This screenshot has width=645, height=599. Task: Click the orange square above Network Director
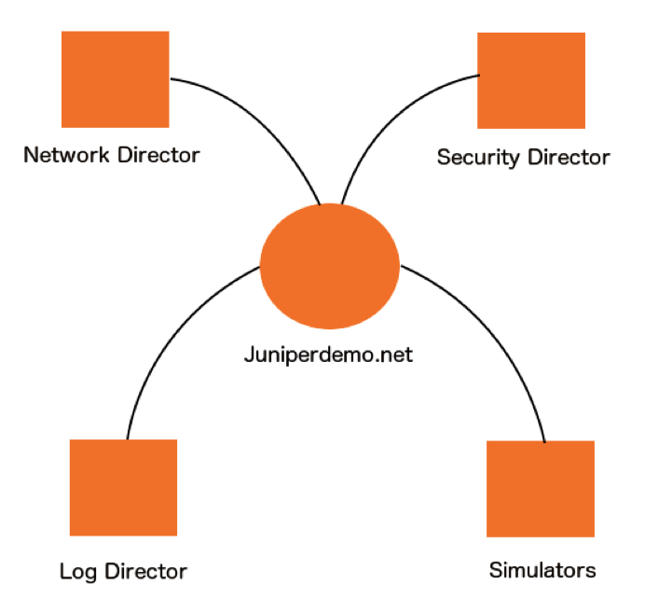(115, 78)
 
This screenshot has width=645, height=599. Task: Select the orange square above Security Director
(531, 80)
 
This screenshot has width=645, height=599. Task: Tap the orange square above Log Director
(123, 487)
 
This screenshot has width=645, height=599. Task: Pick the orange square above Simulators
(541, 488)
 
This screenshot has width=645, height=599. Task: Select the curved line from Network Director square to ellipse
(270, 121)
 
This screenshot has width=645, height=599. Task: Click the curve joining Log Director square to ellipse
(168, 336)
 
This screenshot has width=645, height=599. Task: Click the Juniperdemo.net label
(329, 355)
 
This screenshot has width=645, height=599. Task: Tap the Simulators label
(542, 569)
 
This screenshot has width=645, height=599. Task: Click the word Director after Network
(158, 155)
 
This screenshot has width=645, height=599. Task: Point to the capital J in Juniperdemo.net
(249, 355)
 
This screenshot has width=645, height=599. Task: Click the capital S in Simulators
(495, 569)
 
